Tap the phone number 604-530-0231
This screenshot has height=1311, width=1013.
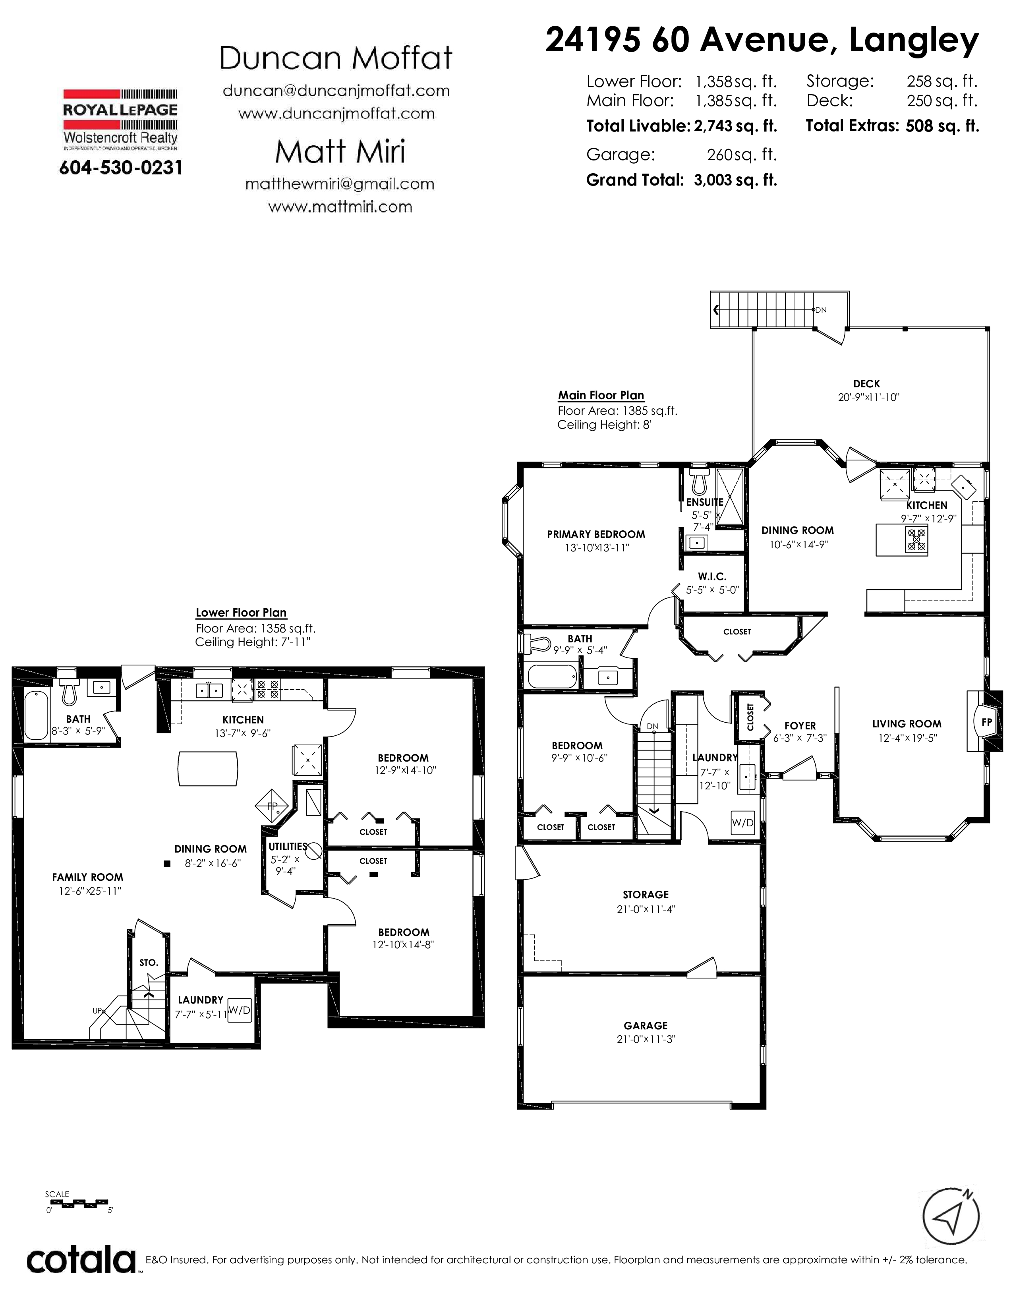[121, 168]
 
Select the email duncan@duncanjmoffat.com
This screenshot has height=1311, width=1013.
[336, 91]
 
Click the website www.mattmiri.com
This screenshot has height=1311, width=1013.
[340, 207]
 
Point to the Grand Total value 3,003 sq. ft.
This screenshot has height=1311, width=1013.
[735, 180]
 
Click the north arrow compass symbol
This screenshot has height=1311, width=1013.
[951, 1216]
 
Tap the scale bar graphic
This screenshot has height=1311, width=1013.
[78, 1203]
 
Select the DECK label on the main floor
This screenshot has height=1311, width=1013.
[866, 384]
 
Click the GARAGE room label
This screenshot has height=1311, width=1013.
[646, 1025]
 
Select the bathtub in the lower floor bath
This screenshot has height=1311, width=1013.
[36, 715]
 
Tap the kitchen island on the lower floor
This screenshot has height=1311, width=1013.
[208, 768]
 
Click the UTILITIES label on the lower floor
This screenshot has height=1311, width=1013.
[288, 847]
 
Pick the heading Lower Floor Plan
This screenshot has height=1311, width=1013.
[241, 613]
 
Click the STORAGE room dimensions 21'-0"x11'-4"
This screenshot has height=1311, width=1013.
[646, 909]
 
